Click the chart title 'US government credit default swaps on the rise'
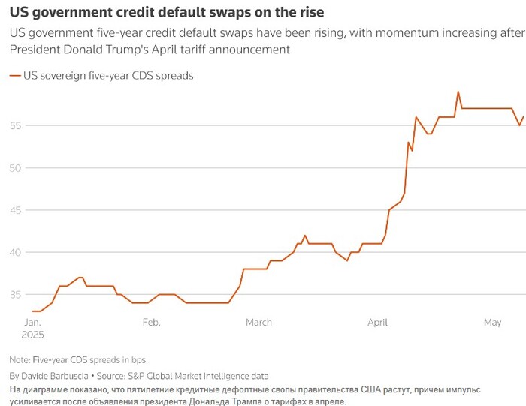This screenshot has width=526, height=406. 166,13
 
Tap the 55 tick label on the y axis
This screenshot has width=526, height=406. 16,125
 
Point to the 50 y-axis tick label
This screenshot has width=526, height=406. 16,167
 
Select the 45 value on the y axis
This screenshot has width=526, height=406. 16,209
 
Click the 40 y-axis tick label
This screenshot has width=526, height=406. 16,252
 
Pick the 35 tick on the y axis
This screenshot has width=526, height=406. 16,294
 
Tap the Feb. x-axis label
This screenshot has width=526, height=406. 151,322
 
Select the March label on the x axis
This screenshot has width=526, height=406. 259,322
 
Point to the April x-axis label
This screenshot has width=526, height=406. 377,322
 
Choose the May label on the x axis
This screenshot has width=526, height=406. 492,322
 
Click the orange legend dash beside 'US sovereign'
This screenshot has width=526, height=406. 14,76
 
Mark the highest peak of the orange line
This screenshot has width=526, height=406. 458,92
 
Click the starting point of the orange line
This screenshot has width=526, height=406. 32,311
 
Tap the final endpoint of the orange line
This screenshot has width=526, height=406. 523,116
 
